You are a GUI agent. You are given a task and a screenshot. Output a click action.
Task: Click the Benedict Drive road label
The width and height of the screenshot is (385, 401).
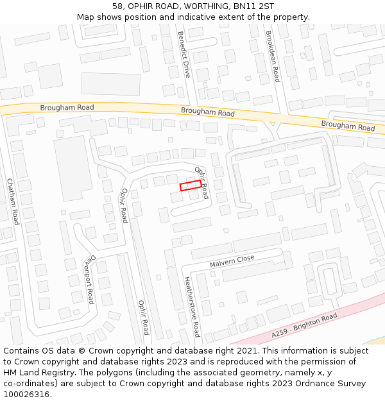184,55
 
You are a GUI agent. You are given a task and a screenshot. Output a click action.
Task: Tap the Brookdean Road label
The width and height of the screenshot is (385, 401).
273,56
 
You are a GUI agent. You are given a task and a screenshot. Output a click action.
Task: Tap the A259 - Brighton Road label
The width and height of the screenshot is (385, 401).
304,326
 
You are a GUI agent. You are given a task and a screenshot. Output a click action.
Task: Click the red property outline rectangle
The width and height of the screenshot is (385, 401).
191,185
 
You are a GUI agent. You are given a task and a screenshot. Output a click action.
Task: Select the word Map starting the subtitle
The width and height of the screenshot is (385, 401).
85,17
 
